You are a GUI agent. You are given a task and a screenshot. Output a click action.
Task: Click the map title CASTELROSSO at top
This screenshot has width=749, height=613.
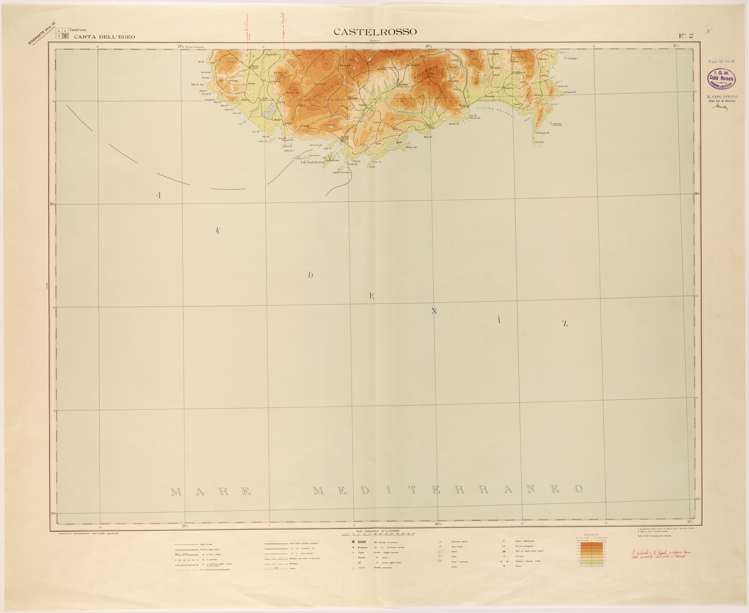(x=375, y=32)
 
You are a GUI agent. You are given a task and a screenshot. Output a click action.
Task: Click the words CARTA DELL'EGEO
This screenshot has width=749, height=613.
(x=105, y=37)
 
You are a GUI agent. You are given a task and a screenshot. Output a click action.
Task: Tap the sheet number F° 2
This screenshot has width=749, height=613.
(x=686, y=36)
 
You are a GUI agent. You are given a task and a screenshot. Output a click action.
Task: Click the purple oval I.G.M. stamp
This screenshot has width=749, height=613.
(x=721, y=79)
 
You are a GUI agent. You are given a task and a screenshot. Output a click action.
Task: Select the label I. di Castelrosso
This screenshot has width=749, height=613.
(x=312, y=162)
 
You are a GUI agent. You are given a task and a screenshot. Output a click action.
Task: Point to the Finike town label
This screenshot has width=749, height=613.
(x=462, y=106)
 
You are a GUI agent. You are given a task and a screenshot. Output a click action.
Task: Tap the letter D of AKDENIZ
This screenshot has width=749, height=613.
(x=310, y=276)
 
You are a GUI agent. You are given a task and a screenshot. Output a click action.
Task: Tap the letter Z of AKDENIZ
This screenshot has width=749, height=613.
(x=565, y=324)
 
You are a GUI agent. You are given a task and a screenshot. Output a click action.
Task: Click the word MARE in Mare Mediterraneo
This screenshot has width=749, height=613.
(x=211, y=491)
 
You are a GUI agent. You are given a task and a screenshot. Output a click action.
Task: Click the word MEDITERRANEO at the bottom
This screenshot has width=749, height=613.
(x=448, y=490)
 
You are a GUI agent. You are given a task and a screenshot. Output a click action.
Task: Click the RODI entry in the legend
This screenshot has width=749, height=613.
(x=361, y=542)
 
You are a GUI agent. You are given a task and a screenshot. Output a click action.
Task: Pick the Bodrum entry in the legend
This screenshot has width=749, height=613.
(x=362, y=548)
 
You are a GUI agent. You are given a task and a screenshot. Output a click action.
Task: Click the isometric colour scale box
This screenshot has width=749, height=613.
(x=591, y=553)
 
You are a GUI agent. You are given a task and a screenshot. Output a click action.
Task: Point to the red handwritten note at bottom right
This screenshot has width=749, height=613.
(x=658, y=555)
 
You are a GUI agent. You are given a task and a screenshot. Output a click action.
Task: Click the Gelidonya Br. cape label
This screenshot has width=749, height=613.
(x=542, y=133)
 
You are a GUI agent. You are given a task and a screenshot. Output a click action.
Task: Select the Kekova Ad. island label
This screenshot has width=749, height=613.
(x=411, y=147)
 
